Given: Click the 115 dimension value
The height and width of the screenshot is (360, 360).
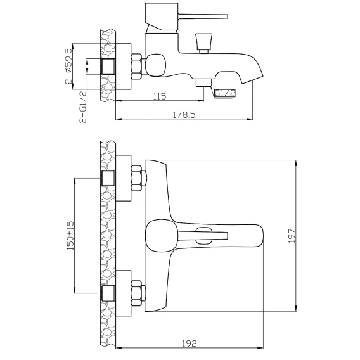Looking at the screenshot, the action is click(160, 96).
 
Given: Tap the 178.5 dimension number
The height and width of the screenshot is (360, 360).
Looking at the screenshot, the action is click(184, 115).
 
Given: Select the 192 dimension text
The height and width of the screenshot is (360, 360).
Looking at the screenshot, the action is click(190, 344).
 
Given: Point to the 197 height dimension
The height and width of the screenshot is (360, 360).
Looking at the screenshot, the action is click(292, 236).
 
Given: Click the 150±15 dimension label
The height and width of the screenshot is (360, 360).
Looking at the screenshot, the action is click(70, 236).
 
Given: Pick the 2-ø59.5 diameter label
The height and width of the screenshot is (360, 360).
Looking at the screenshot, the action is click(68, 66).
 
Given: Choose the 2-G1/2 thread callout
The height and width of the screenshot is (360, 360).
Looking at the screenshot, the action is click(83, 107).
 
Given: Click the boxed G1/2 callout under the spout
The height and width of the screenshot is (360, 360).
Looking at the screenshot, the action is click(225, 93).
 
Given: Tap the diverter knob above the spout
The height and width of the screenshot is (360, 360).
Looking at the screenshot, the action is click(203, 43).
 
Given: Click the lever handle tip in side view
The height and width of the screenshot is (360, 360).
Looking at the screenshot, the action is click(226, 16).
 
